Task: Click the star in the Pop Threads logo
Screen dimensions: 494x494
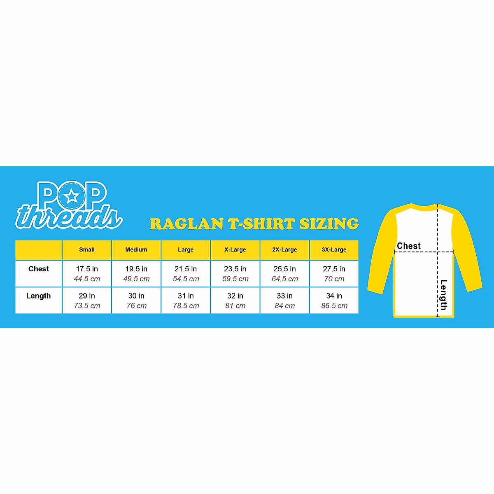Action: pyautogui.click(x=72, y=196)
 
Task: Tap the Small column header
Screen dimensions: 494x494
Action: pyautogui.click(x=87, y=249)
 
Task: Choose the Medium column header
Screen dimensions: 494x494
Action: pyautogui.click(x=136, y=249)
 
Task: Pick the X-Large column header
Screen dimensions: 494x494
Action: pyautogui.click(x=235, y=249)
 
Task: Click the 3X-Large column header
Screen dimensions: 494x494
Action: pyautogui.click(x=334, y=249)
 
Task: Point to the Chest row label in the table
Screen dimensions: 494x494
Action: pyautogui.click(x=39, y=269)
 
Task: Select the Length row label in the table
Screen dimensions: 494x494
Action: pyautogui.click(x=38, y=296)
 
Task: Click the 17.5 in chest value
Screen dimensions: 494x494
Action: pyautogui.click(x=87, y=269)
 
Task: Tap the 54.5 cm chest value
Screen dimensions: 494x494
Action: pyautogui.click(x=186, y=279)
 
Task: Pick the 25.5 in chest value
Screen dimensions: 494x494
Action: pyautogui.click(x=284, y=269)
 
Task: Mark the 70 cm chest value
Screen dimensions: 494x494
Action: pyautogui.click(x=334, y=279)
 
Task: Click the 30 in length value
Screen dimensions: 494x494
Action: pyautogui.click(x=136, y=296)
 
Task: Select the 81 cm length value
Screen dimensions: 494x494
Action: pyautogui.click(x=235, y=306)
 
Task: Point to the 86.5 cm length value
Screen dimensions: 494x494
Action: pyautogui.click(x=334, y=306)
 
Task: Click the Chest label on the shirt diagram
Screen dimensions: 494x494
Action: pyautogui.click(x=409, y=246)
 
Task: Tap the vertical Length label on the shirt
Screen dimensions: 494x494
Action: pyautogui.click(x=443, y=294)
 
